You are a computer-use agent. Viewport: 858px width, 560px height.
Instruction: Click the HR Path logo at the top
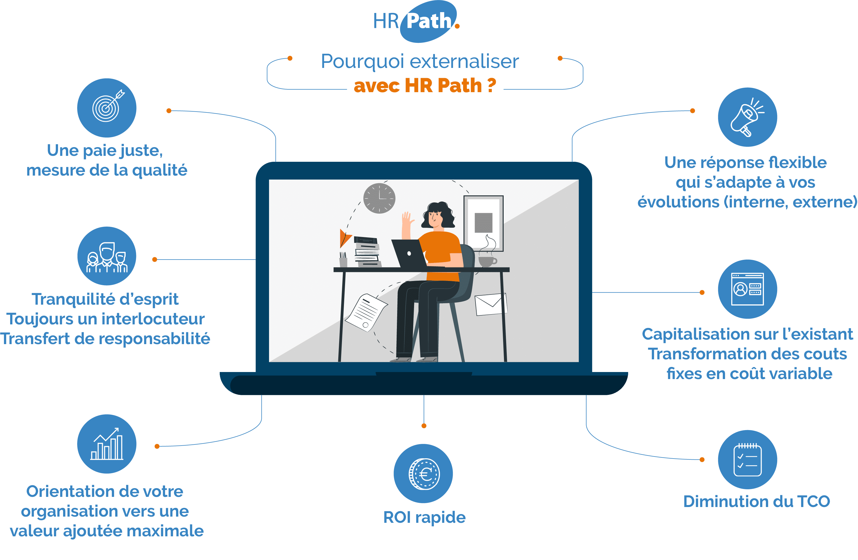click(x=416, y=21)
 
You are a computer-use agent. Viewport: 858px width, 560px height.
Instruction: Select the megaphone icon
click(x=747, y=117)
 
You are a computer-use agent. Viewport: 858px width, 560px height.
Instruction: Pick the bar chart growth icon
click(x=107, y=444)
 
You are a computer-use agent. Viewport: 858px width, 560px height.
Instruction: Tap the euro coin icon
click(x=424, y=474)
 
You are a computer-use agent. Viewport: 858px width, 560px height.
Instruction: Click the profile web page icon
click(x=747, y=289)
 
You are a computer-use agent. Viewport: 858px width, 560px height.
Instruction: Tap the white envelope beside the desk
click(x=491, y=304)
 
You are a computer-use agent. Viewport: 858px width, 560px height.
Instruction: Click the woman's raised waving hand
click(x=407, y=220)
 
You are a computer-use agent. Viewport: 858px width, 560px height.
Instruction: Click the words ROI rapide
click(x=424, y=517)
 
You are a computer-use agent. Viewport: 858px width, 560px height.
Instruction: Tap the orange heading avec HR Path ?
click(x=425, y=86)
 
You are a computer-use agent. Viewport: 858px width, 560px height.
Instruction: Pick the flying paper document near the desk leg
click(x=366, y=312)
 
